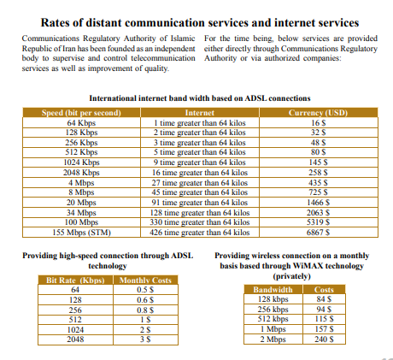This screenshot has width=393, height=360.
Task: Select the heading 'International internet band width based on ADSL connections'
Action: click(200, 98)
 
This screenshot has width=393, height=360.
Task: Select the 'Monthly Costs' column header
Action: click(145, 280)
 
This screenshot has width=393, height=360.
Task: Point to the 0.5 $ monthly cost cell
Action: click(145, 291)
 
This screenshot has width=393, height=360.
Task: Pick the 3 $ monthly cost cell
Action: click(145, 339)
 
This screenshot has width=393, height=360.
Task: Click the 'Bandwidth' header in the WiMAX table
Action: click(273, 290)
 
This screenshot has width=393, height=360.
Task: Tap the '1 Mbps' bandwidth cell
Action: click(273, 328)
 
